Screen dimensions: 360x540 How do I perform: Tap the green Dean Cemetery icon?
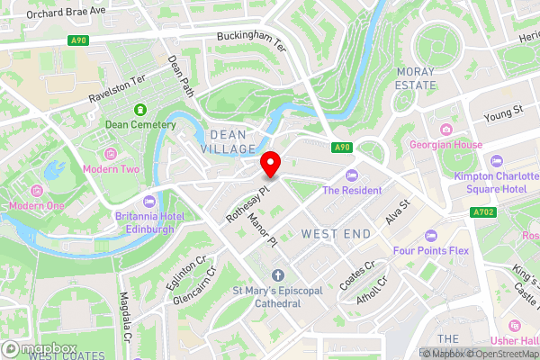tap(139, 110)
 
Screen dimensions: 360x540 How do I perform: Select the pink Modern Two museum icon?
tap(111, 155)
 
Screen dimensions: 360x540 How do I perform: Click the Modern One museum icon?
tap(37, 191)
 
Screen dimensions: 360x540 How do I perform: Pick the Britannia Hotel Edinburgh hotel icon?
tap(148, 200)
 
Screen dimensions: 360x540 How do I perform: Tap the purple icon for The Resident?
tap(352, 175)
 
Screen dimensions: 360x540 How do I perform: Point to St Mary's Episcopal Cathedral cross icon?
tap(278, 274)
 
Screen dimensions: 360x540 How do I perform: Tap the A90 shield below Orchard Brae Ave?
tap(79, 40)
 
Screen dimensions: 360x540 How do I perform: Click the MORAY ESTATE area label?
tap(415, 77)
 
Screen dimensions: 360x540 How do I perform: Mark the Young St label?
tap(504, 112)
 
